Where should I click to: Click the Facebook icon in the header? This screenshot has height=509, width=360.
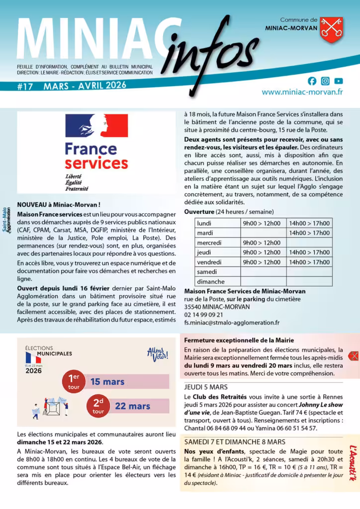pyautogui.click(x=312, y=81)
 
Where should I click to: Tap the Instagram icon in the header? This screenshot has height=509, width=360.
pyautogui.click(x=325, y=81)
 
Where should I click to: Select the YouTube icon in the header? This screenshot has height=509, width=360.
pyautogui.click(x=339, y=81)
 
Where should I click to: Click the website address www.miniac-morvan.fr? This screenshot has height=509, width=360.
pyautogui.click(x=302, y=92)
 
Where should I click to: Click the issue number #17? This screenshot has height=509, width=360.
pyautogui.click(x=25, y=86)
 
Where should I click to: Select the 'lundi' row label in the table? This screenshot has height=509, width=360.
pyautogui.click(x=204, y=224)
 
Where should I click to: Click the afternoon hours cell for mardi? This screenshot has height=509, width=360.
pyautogui.click(x=309, y=233)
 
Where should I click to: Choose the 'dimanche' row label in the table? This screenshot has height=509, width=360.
pyautogui.click(x=211, y=282)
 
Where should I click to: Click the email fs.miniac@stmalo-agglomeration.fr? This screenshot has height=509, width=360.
pyautogui.click(x=232, y=323)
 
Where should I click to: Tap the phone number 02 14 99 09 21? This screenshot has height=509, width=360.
pyautogui.click(x=204, y=315)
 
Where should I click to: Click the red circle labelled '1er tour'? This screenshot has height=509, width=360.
pyautogui.click(x=74, y=381)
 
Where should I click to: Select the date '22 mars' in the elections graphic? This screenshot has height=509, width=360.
pyautogui.click(x=132, y=406)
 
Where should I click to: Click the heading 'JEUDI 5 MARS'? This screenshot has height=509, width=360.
pyautogui.click(x=206, y=387)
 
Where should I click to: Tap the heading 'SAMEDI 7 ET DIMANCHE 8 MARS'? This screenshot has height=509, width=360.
pyautogui.click(x=235, y=441)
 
